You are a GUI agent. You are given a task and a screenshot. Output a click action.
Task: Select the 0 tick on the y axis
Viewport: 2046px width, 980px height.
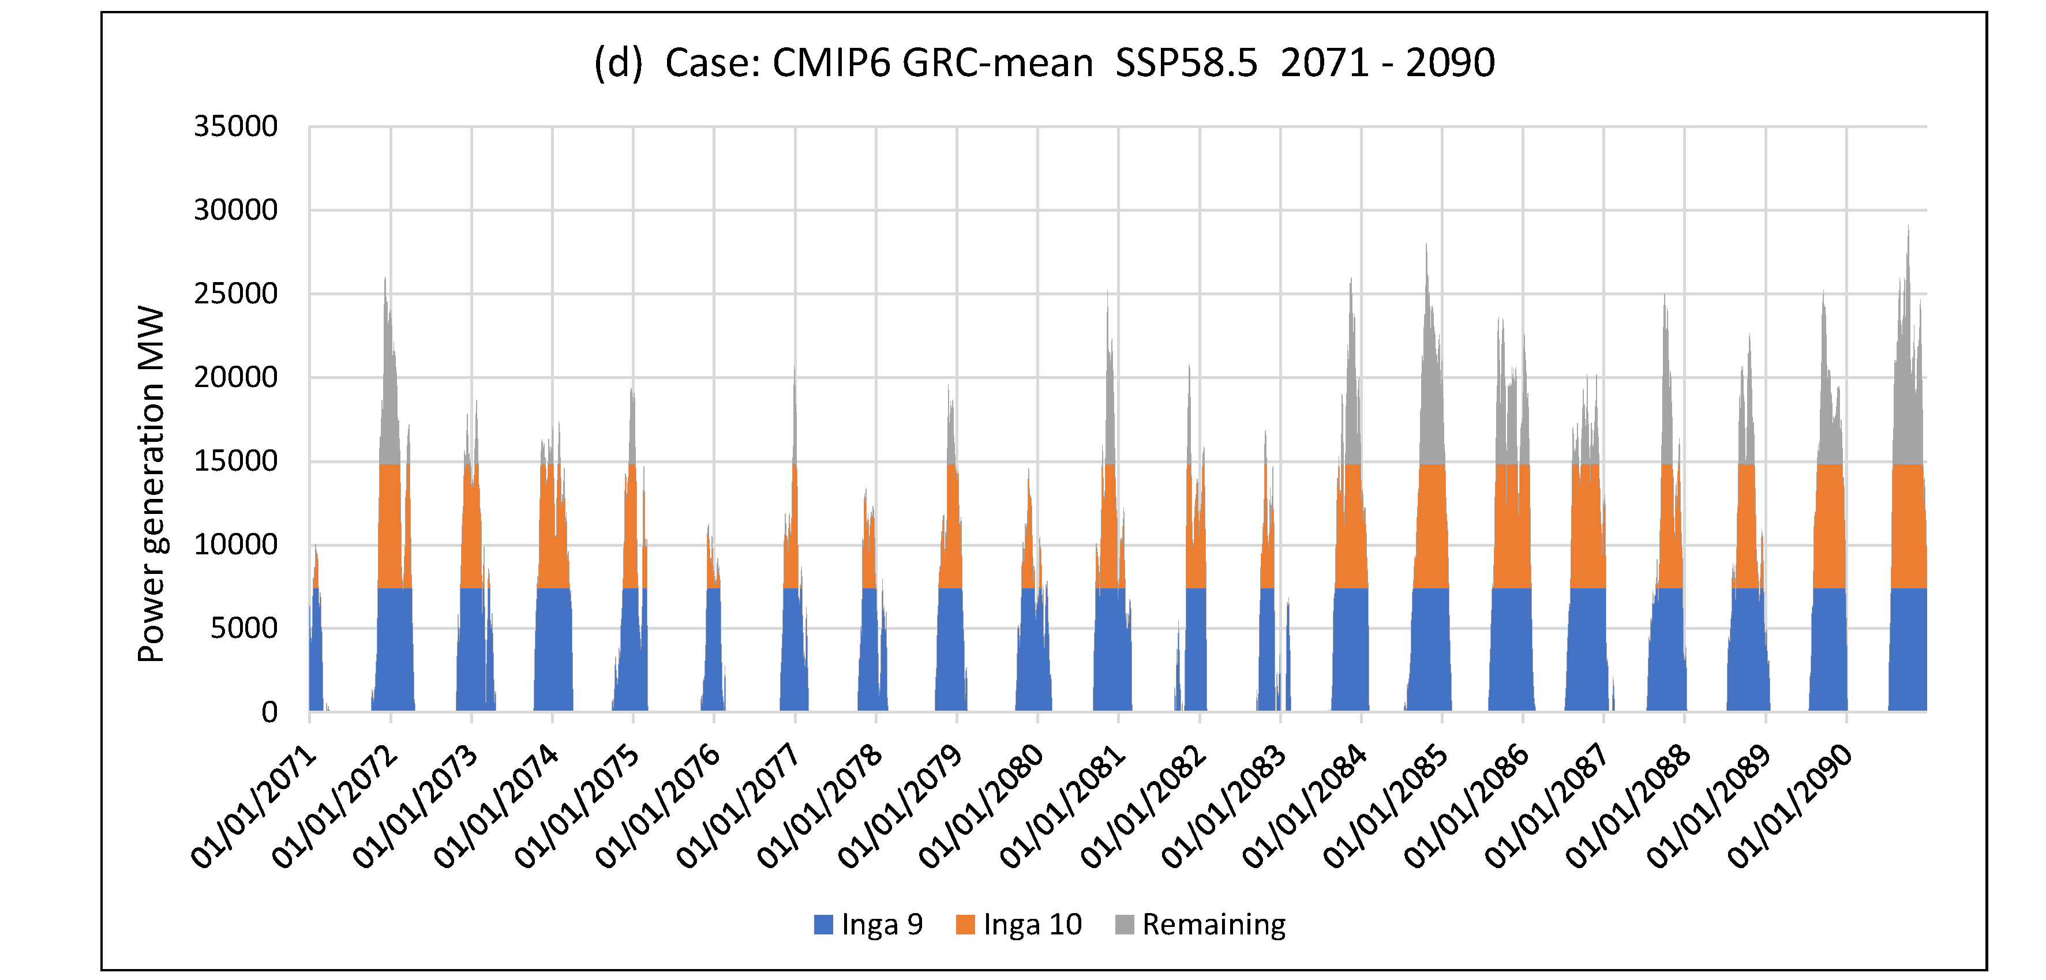[x=269, y=712]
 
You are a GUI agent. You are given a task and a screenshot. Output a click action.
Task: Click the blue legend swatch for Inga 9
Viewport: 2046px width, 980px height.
[x=823, y=925]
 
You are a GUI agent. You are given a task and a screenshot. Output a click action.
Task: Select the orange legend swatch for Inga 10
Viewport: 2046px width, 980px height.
[x=965, y=925]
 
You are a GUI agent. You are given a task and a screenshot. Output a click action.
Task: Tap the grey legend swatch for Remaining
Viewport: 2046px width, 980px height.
[x=1124, y=925]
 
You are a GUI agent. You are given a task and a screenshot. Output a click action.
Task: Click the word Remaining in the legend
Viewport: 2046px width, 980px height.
[x=1213, y=925]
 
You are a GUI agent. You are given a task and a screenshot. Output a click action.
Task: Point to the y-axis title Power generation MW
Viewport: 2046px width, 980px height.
[x=151, y=485]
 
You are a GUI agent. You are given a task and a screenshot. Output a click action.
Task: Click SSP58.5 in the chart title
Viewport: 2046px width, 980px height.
[x=1186, y=63]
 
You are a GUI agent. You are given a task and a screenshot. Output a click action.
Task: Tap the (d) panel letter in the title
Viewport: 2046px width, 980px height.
[x=618, y=63]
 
